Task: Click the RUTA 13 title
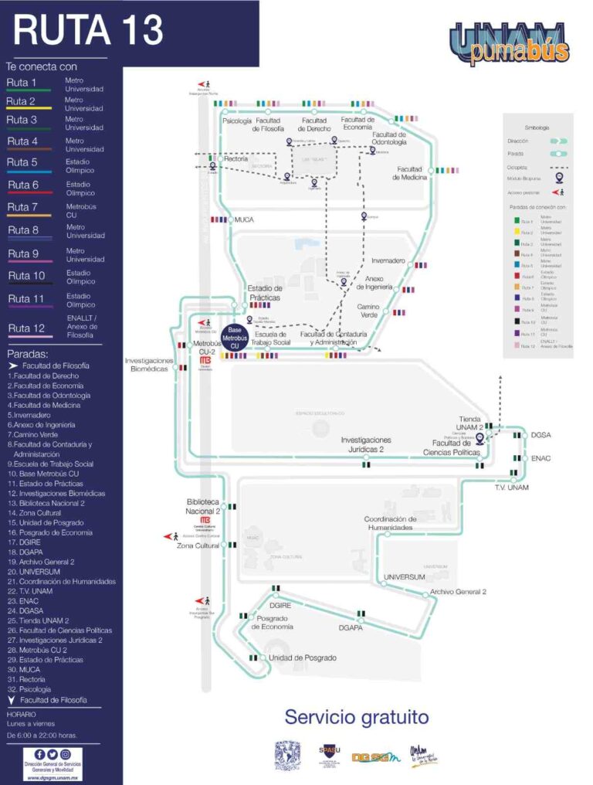(x=89, y=31)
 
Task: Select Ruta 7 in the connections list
(x=22, y=207)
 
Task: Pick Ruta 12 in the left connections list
(x=26, y=328)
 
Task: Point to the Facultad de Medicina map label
(x=410, y=173)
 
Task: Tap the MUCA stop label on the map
(x=244, y=220)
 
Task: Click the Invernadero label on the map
(x=388, y=260)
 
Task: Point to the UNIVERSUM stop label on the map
(x=405, y=577)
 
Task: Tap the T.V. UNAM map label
(x=511, y=488)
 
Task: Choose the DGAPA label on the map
(x=354, y=629)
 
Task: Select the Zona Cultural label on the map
(x=198, y=545)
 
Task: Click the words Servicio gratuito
(x=356, y=716)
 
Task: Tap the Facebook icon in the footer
(x=39, y=754)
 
